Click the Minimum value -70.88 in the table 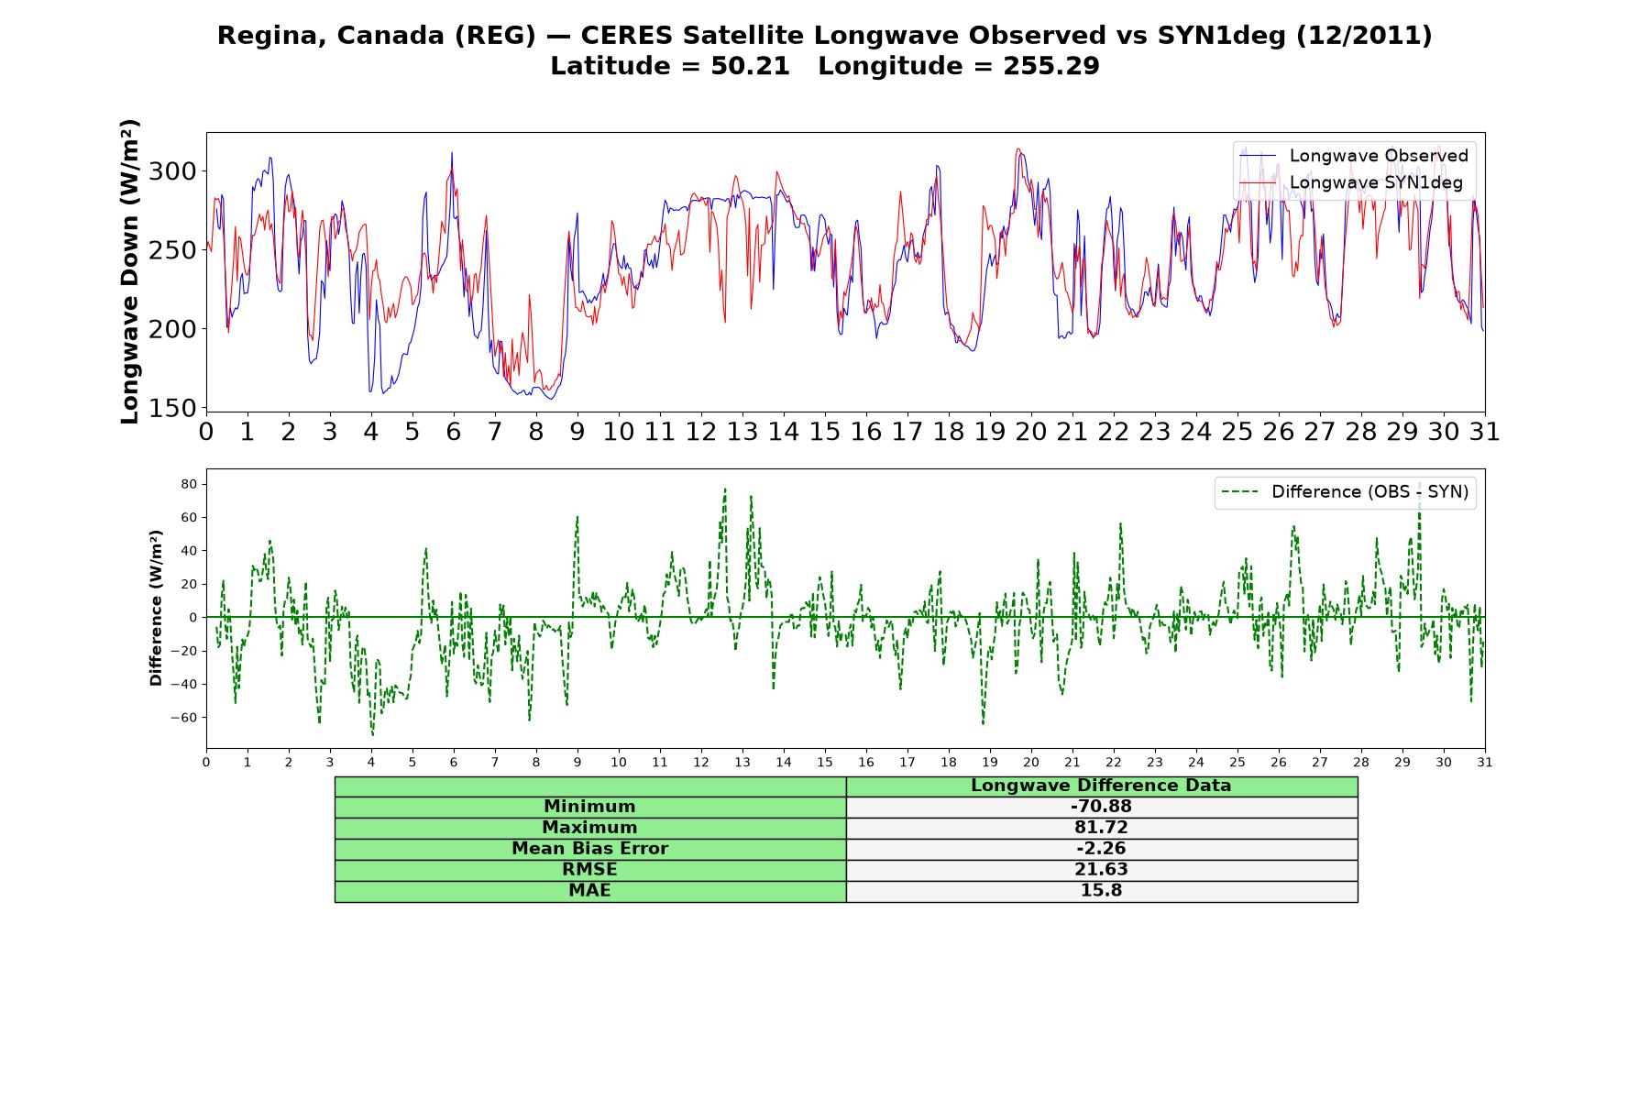point(1101,807)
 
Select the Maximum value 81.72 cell point(1101,828)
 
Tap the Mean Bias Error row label point(589,849)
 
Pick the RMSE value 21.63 point(1101,870)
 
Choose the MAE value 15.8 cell point(1101,891)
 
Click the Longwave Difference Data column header point(1101,786)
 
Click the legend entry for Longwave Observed point(1353,156)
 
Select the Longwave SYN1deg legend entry point(1351,182)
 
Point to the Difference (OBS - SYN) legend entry point(1346,492)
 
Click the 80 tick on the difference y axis point(191,484)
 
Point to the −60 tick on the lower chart point(184,718)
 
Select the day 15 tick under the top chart point(825,432)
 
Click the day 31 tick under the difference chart point(1485,762)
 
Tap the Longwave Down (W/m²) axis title point(130,271)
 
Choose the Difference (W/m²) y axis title point(156,608)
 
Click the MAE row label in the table point(589,891)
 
